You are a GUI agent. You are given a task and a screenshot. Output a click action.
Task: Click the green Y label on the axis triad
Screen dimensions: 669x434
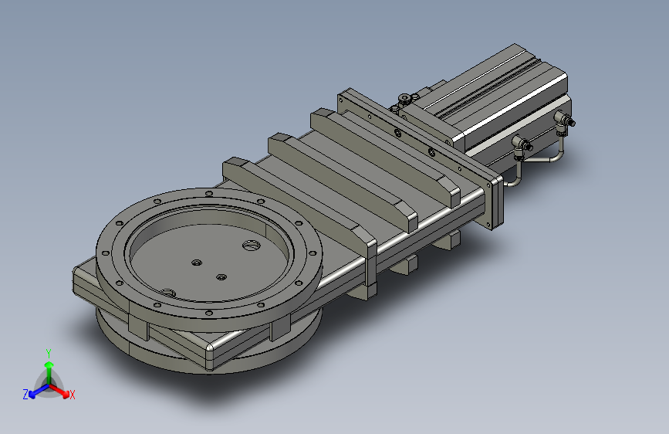click(49, 354)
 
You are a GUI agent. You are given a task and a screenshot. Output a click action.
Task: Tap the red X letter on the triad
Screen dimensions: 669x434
click(72, 395)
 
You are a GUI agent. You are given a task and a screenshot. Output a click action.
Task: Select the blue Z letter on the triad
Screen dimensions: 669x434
click(25, 395)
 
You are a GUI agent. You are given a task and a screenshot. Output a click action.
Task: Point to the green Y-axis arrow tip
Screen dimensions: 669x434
click(49, 364)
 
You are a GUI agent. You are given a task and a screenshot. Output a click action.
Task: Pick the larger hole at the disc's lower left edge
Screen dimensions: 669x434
click(168, 293)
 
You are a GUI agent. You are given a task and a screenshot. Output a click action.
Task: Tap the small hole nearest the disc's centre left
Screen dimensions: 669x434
click(196, 263)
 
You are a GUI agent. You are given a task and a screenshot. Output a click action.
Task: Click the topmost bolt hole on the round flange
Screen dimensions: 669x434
click(208, 194)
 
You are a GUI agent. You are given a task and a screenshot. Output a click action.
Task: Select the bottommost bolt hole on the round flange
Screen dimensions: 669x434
click(208, 313)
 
